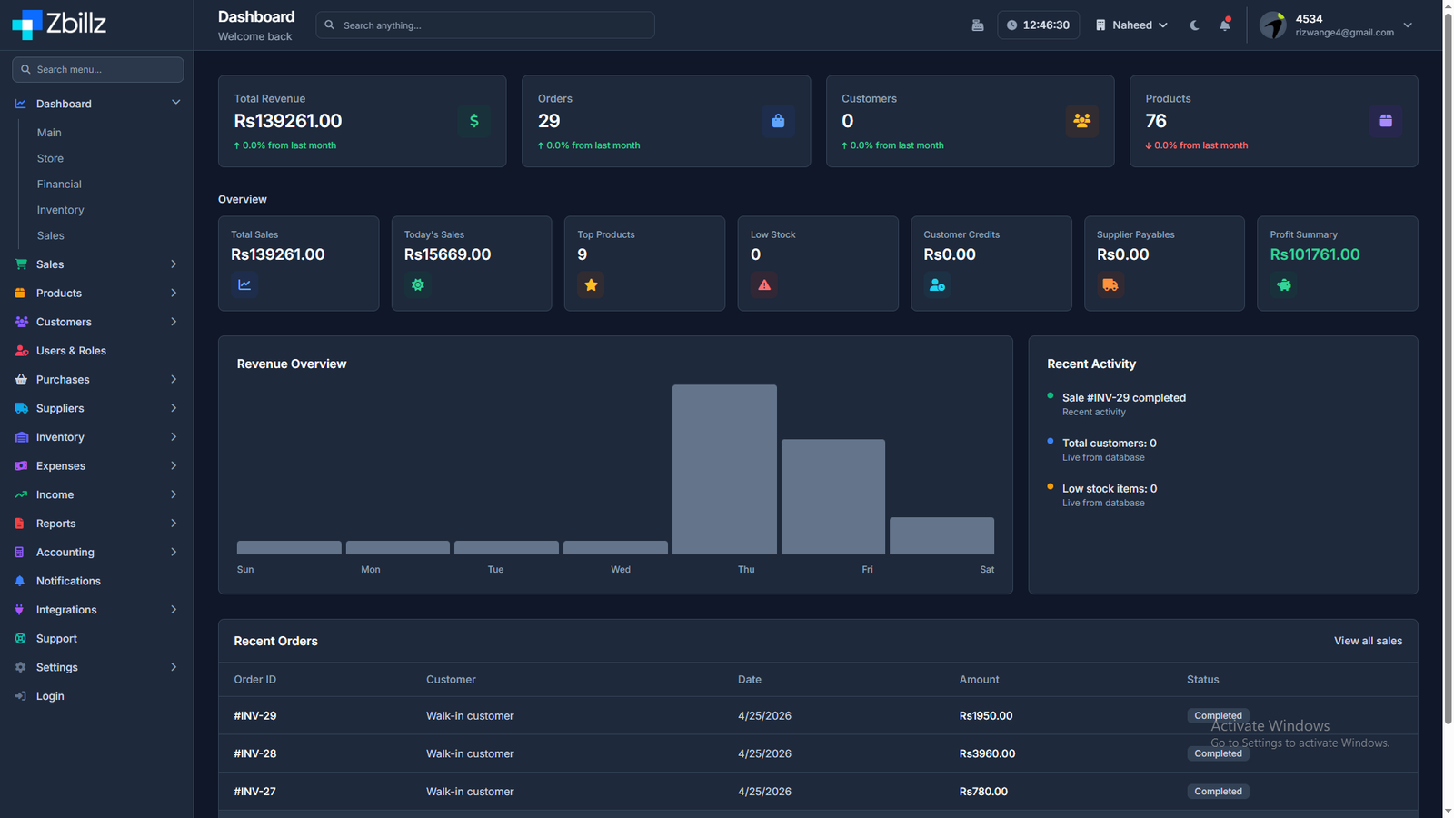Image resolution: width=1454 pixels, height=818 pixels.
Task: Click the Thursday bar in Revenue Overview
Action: point(724,469)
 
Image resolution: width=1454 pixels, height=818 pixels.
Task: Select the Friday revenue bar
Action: point(832,496)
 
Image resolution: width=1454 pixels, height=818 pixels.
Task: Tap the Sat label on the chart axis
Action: point(987,569)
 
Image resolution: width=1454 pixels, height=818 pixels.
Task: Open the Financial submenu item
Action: point(59,185)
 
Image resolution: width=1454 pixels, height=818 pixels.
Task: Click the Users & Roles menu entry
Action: point(71,351)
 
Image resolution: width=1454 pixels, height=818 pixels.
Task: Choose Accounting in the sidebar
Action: point(65,553)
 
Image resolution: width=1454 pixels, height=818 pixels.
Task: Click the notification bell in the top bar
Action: point(1225,25)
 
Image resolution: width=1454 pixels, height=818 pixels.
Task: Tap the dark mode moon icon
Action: point(1194,25)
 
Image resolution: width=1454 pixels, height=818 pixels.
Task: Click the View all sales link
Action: point(1368,641)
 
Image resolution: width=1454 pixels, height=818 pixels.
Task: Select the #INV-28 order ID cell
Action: point(255,753)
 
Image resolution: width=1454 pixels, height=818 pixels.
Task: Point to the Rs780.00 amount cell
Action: point(983,792)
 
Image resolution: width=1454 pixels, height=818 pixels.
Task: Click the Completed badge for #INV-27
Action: point(1218,792)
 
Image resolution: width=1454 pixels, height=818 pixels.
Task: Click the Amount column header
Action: point(979,680)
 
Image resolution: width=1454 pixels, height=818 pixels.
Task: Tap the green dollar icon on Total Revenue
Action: point(473,121)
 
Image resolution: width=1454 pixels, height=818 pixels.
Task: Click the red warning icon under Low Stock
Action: point(764,285)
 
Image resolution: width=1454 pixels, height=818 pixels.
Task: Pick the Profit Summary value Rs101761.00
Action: point(1314,254)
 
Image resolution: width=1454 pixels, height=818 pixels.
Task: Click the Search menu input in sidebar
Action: point(98,69)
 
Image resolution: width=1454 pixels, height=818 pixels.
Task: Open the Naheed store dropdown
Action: point(1131,25)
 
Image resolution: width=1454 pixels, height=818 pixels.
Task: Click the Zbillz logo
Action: point(59,25)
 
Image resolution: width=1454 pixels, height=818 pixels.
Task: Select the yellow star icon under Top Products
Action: point(591,285)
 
